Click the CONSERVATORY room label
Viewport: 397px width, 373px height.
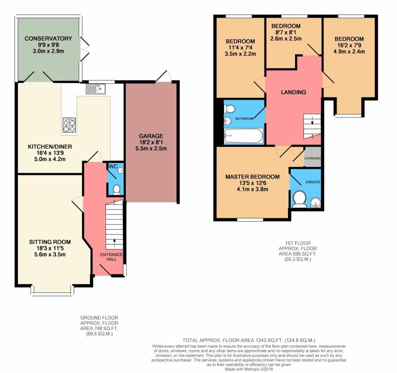[x=48, y=38]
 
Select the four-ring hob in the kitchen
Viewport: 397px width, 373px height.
[x=69, y=125]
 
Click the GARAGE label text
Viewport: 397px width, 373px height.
[x=151, y=136]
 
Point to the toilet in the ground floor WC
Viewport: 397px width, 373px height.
[x=116, y=189]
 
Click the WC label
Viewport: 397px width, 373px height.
[x=113, y=167]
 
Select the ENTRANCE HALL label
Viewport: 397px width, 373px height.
[x=111, y=257]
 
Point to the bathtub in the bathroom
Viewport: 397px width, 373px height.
[x=243, y=136]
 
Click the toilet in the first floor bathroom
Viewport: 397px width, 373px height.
[x=230, y=108]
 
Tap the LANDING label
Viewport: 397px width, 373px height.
[x=293, y=92]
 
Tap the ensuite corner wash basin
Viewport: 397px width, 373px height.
[x=316, y=202]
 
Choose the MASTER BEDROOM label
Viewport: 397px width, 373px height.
[x=252, y=177]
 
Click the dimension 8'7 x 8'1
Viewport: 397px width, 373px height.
[x=285, y=33]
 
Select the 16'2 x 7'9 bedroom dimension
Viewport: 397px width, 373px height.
[x=349, y=45]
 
